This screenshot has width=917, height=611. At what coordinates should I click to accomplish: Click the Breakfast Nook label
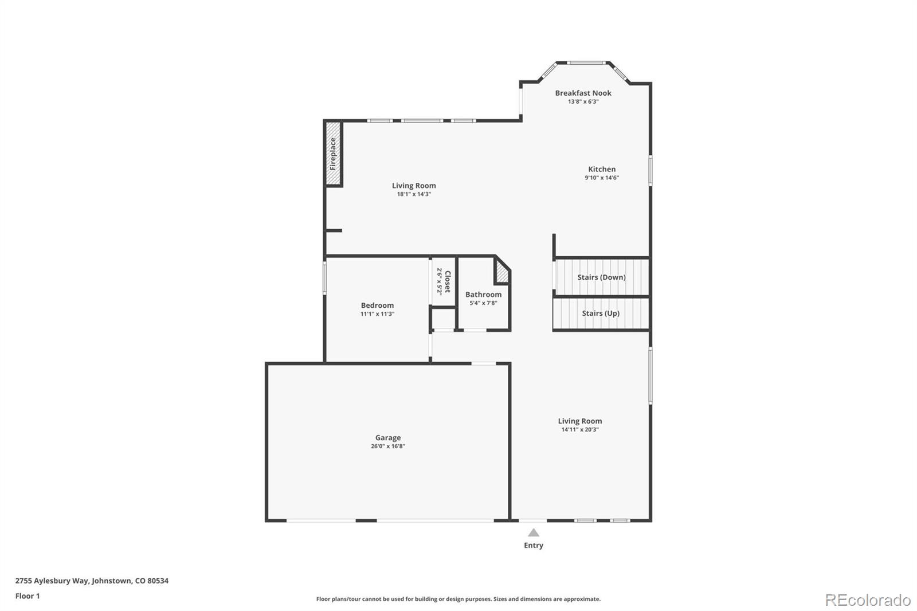coord(583,93)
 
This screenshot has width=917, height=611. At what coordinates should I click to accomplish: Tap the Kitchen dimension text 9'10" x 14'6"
coord(601,178)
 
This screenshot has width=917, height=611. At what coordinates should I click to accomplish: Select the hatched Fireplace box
coord(332,154)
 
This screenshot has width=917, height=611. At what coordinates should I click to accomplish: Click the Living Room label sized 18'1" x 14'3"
coord(414,186)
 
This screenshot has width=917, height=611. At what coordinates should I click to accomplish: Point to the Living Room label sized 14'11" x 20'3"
coord(579,421)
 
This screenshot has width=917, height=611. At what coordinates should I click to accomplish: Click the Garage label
coord(388,438)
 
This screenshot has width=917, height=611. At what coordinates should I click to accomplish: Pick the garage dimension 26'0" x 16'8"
coord(388,446)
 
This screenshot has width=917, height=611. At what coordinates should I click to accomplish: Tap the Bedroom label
coord(377,305)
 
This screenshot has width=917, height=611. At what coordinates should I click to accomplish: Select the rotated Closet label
coord(448,281)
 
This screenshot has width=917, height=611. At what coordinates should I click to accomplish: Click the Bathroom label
coord(483,295)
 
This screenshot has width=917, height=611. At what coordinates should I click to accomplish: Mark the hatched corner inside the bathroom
coord(503,273)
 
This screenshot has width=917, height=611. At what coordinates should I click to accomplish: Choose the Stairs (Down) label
coord(601,277)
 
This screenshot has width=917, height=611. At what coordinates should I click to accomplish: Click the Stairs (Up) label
coord(601,314)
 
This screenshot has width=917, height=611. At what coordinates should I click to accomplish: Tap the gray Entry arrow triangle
coord(534,532)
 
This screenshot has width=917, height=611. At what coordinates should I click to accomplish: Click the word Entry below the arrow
coord(534,546)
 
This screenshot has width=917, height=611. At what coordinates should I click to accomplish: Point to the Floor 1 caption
coord(28,596)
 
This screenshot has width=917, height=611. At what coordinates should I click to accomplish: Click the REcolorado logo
coord(868,600)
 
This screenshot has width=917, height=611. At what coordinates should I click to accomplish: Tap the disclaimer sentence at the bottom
coord(458,599)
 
